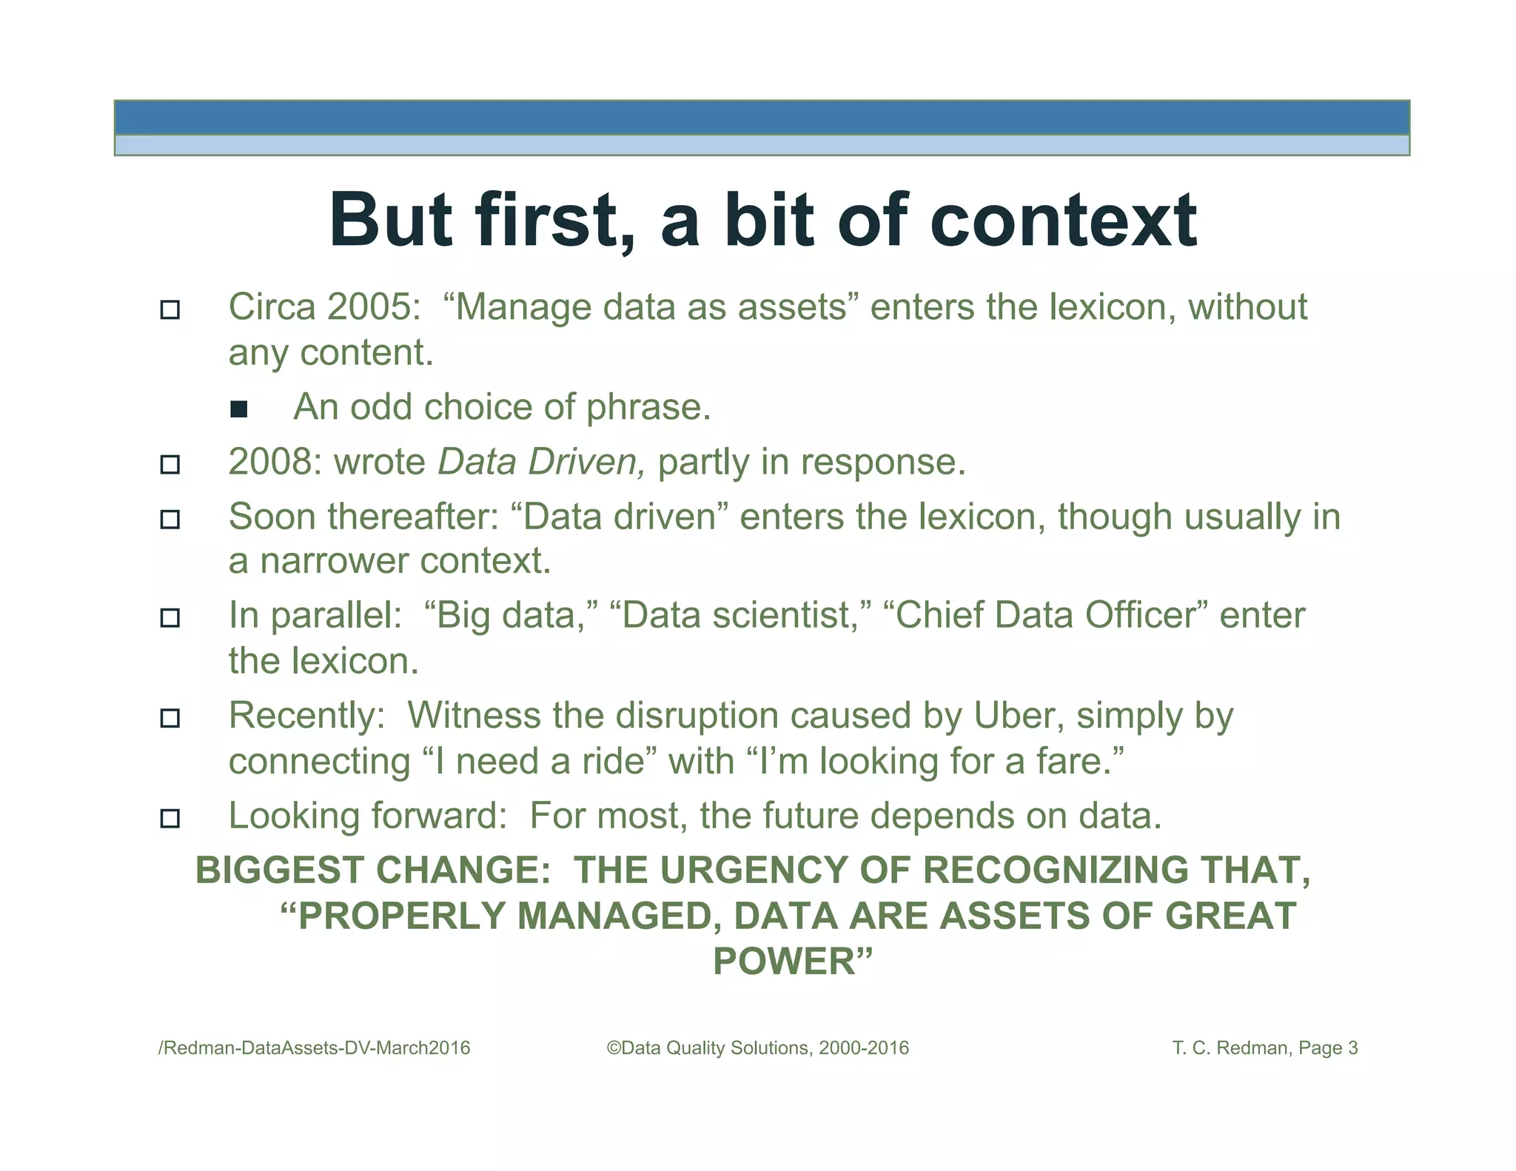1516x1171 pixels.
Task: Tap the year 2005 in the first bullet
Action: coord(369,306)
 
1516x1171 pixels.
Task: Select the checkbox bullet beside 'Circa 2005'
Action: coord(170,309)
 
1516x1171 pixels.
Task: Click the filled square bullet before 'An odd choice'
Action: coord(238,409)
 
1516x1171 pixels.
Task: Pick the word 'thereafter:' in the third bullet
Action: coord(414,517)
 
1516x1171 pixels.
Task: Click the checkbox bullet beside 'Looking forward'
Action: coord(170,819)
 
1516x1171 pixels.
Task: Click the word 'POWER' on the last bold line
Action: coord(785,962)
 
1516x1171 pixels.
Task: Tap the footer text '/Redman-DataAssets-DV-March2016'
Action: coord(315,1048)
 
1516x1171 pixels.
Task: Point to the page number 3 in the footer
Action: coord(1352,1048)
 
